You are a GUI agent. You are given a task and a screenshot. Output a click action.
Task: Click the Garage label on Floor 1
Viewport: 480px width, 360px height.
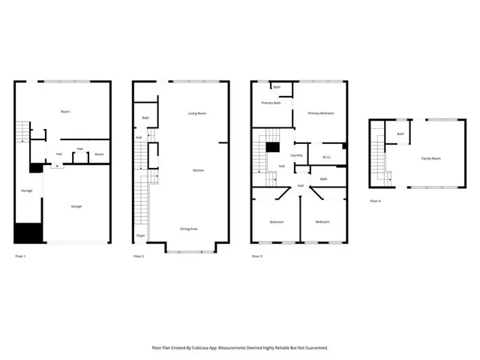[76, 206]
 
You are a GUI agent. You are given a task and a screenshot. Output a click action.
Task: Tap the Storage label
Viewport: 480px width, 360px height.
[26, 190]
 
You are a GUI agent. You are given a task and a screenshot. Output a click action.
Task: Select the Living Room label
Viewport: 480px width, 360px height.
[197, 113]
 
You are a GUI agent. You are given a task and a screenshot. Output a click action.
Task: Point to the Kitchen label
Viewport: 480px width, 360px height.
[199, 170]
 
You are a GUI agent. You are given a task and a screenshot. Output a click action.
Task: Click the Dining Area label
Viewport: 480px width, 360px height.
[189, 228]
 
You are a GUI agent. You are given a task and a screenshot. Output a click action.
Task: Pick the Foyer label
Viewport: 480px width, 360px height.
[140, 235]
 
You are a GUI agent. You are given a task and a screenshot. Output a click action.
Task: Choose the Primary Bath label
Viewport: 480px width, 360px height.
[271, 103]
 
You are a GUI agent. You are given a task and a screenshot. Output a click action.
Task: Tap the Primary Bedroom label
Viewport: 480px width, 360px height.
[321, 113]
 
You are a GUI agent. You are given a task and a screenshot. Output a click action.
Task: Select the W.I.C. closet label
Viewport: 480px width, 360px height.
[327, 157]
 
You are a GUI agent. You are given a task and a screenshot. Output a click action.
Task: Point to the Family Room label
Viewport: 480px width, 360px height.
[430, 158]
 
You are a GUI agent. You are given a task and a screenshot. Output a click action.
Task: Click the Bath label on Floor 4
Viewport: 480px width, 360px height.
[400, 133]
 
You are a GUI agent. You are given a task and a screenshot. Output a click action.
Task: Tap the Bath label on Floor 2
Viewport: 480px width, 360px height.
[146, 118]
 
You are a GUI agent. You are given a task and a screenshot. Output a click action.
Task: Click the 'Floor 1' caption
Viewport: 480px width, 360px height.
[21, 256]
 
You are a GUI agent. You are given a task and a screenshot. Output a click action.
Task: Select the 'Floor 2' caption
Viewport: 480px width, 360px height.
[139, 256]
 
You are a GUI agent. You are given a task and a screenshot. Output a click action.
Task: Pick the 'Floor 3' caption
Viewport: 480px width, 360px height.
[256, 256]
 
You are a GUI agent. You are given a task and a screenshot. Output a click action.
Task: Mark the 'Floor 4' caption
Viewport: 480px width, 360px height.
[375, 201]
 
